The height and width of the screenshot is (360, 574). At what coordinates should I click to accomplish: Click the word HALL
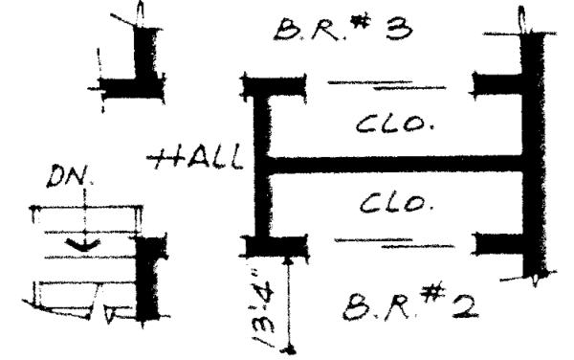(198, 158)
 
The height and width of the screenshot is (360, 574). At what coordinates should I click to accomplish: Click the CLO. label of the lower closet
(388, 204)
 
